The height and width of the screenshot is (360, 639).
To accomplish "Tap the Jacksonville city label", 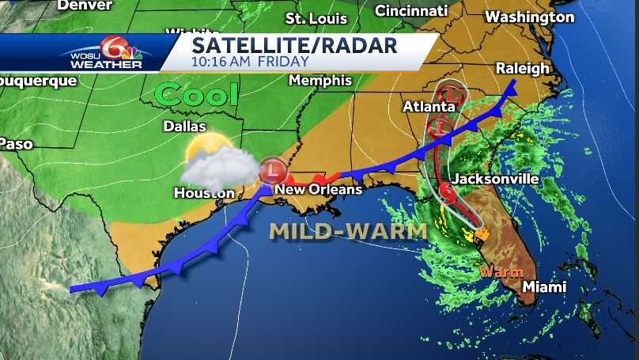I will click(496, 180).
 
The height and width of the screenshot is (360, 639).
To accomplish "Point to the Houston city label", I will click(204, 193).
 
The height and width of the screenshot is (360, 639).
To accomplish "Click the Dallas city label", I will click(184, 127).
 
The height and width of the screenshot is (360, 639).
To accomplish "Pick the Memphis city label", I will click(319, 81).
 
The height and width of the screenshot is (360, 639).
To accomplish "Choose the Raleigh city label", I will click(522, 68).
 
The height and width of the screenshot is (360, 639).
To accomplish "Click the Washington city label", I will click(529, 17).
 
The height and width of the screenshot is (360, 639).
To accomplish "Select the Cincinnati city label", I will click(410, 11).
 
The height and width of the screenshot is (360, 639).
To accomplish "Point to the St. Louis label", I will click(316, 18).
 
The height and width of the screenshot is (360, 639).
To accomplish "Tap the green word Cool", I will click(197, 95).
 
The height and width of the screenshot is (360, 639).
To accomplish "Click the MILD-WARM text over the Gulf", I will click(348, 231).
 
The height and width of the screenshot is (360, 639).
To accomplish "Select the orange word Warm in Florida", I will click(501, 271).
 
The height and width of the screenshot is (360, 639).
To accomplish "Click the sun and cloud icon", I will click(208, 160).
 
